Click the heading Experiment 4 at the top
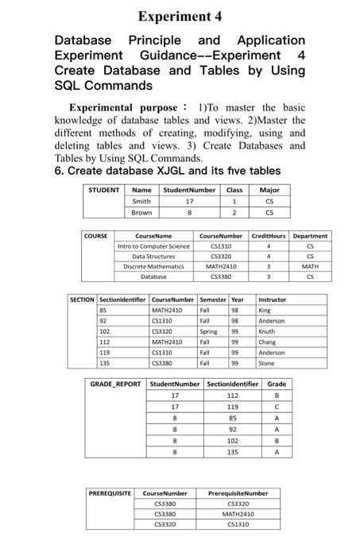pyautogui.click(x=180, y=16)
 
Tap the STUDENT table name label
pyautogui.click(x=104, y=190)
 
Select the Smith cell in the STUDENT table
pyautogui.click(x=141, y=202)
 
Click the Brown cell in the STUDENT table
pyautogui.click(x=141, y=213)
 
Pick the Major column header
pyautogui.click(x=269, y=190)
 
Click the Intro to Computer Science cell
pyautogui.click(x=153, y=246)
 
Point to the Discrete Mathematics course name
pyautogui.click(x=153, y=266)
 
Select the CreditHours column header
pyautogui.click(x=269, y=236)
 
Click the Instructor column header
pyautogui.click(x=273, y=299)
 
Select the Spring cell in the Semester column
pyautogui.click(x=208, y=330)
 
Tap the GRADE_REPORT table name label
pyautogui.click(x=115, y=384)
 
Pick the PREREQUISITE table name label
pyautogui.click(x=110, y=493)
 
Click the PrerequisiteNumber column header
pyautogui.click(x=237, y=493)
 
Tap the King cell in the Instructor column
pyautogui.click(x=265, y=310)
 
